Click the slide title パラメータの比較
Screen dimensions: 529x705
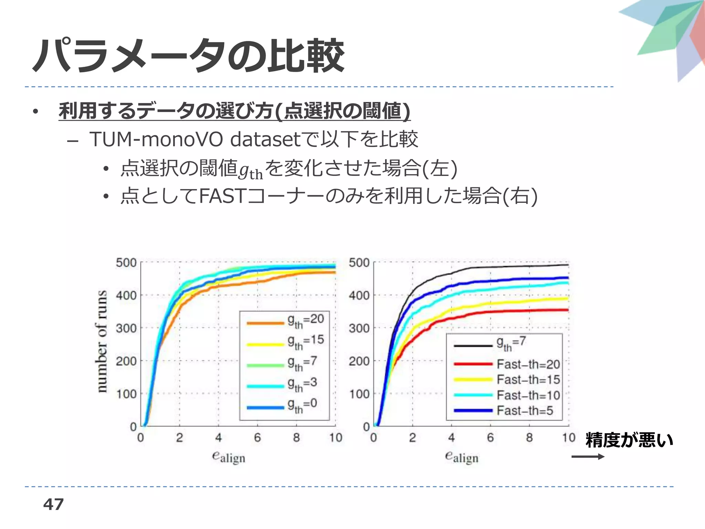pos(189,56)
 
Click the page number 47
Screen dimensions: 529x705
pos(53,505)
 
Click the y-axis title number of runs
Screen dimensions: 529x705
pos(101,341)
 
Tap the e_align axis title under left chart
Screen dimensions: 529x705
pos(229,457)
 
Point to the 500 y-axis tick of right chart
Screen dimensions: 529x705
pos(359,263)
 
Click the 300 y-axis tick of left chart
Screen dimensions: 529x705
pos(126,328)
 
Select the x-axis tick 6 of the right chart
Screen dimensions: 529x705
pos(490,438)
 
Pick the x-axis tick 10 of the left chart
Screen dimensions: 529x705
pos(335,438)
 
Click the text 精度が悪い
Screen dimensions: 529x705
pos(629,440)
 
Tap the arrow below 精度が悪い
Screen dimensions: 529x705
pos(588,457)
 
